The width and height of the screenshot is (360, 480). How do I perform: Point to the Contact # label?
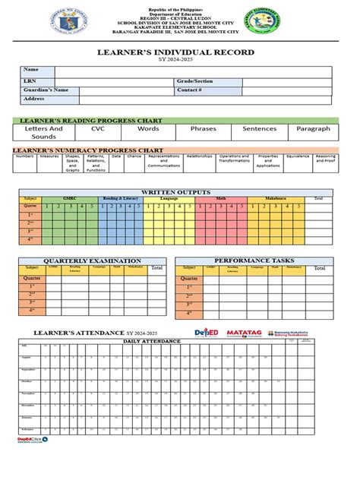click(190, 90)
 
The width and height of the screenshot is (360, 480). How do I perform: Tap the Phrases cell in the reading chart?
click(204, 129)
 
